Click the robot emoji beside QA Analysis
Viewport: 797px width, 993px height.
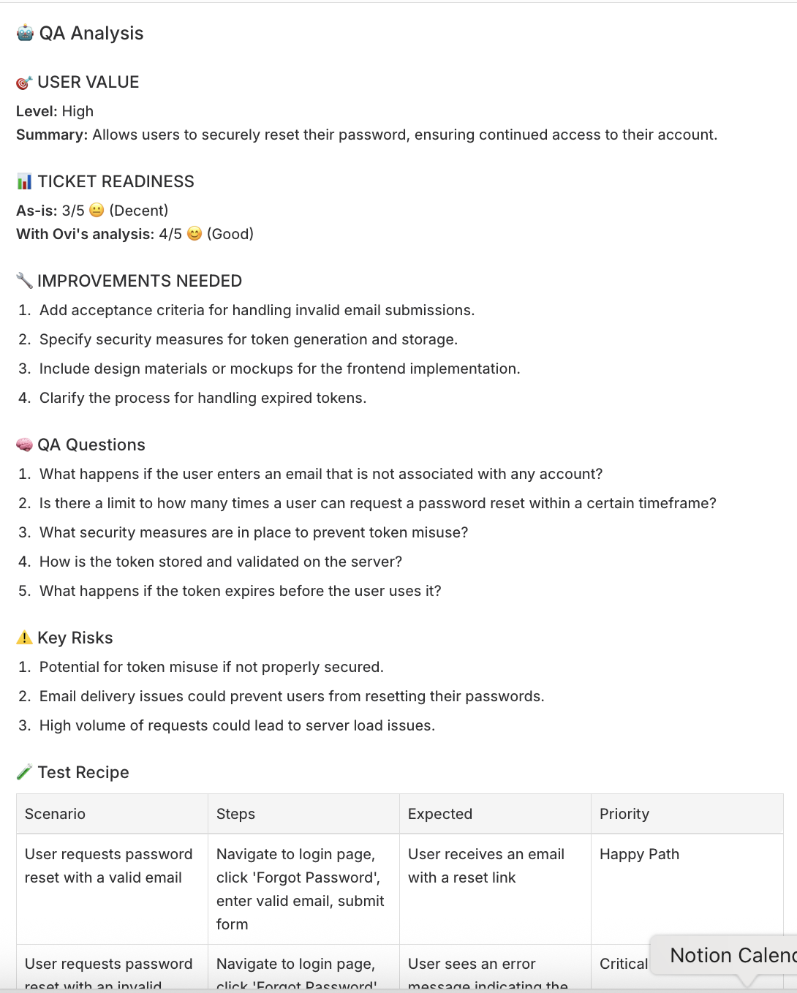(x=25, y=33)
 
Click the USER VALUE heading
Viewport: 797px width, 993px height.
(x=88, y=82)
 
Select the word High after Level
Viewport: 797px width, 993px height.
(x=78, y=111)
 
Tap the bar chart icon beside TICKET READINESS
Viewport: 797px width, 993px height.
(x=24, y=181)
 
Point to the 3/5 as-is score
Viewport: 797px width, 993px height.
(x=73, y=211)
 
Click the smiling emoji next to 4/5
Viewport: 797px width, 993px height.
(x=194, y=234)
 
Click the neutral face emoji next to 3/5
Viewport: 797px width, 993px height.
(x=97, y=211)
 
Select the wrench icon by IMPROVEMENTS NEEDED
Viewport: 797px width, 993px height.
(x=24, y=281)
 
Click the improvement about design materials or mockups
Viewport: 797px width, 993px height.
(x=279, y=369)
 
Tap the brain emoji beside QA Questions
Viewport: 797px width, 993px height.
(x=24, y=445)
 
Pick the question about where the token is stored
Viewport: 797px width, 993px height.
(x=221, y=562)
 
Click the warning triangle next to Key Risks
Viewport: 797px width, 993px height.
(x=24, y=638)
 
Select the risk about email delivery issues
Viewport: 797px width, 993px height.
(x=292, y=696)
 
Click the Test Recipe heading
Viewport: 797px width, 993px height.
(x=83, y=772)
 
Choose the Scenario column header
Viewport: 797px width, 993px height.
(x=55, y=814)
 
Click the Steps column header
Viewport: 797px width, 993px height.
(x=235, y=814)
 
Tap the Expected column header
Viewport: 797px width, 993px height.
(x=440, y=814)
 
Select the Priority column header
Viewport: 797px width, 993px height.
(x=624, y=814)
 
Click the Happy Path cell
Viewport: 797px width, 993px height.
(x=639, y=854)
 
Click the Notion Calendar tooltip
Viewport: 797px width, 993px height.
(x=731, y=955)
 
